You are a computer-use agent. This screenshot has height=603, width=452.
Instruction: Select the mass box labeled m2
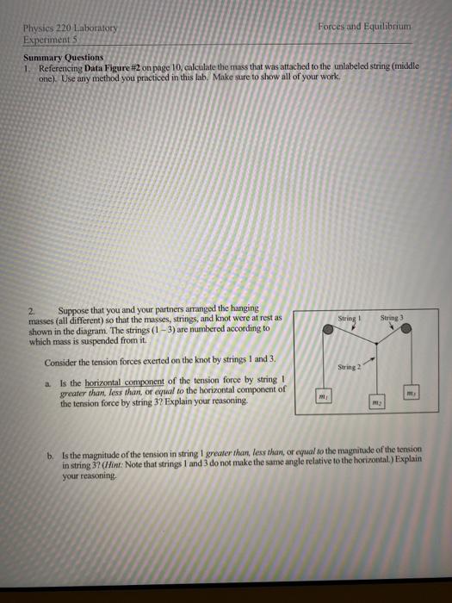(x=376, y=403)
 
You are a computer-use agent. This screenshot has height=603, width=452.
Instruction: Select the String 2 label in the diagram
(x=349, y=368)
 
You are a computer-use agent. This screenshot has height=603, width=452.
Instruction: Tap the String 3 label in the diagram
(x=392, y=318)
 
